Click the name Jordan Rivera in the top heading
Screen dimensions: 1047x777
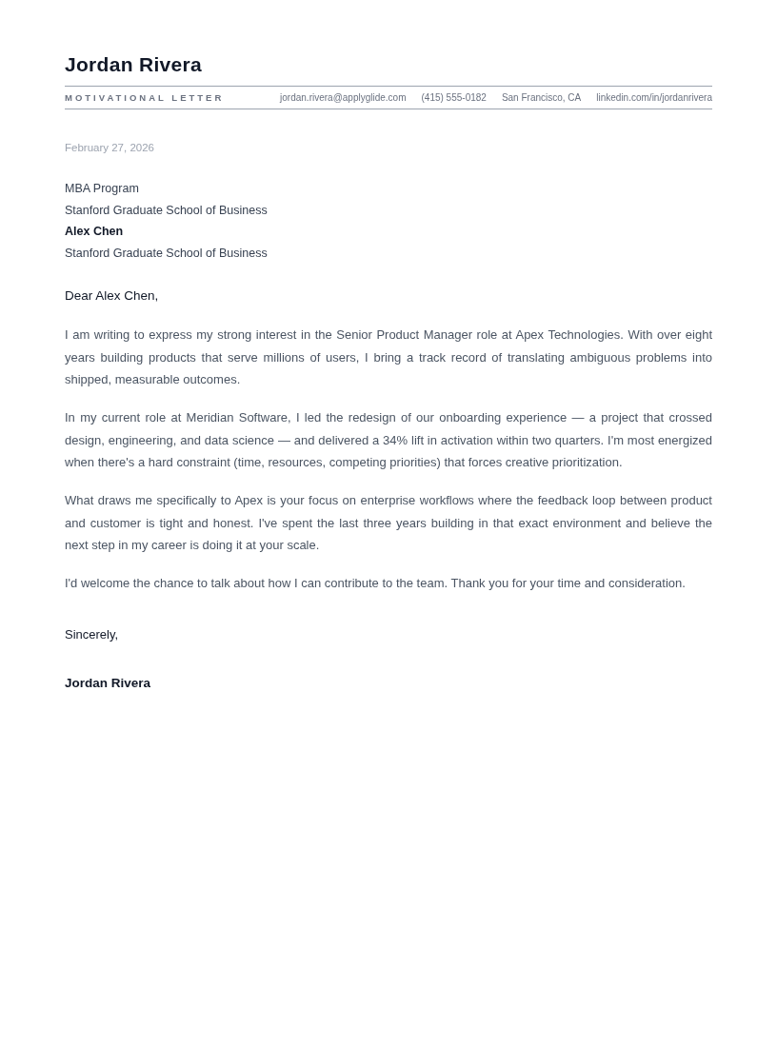[x=133, y=65]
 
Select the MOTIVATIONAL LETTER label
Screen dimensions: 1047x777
[x=144, y=98]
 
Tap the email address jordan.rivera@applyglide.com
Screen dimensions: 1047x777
[x=343, y=98]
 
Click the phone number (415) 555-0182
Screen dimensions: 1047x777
[x=453, y=98]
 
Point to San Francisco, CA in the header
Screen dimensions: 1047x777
[x=541, y=98]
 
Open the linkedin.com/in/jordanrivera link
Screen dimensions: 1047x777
[x=653, y=98]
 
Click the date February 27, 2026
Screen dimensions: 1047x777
[x=110, y=148]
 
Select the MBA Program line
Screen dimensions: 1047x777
[x=102, y=188]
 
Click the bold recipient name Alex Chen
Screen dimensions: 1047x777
[x=93, y=231]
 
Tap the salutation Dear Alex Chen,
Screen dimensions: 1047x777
[x=111, y=296]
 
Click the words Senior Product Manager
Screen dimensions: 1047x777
[x=404, y=335]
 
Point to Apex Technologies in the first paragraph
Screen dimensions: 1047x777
[x=568, y=335]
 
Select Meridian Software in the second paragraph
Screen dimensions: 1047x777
[x=238, y=418]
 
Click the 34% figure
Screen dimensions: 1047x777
[x=395, y=441]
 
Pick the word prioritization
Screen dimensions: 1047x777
[x=582, y=463]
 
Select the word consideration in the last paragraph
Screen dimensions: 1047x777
[x=644, y=583]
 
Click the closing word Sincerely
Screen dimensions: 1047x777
[x=90, y=635]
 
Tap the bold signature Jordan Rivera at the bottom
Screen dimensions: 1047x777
[x=108, y=683]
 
